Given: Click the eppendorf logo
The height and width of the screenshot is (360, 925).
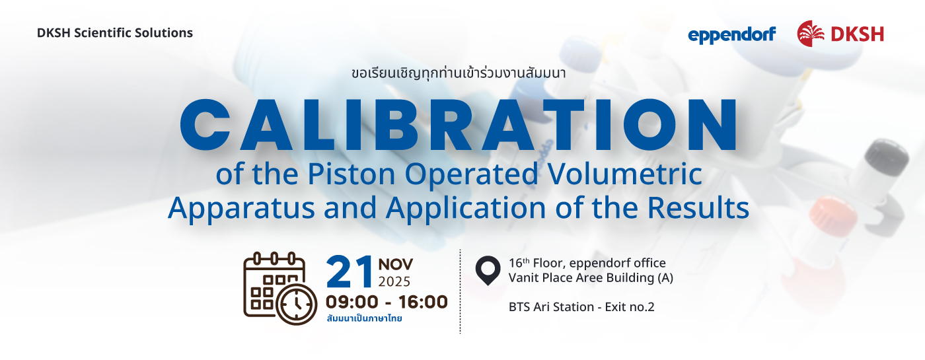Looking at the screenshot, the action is (732, 35).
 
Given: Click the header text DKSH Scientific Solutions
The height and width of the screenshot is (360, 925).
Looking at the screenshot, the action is (115, 32).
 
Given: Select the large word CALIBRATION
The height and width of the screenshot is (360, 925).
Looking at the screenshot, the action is (459, 125).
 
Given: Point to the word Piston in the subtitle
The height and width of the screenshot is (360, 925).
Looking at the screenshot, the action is (351, 174).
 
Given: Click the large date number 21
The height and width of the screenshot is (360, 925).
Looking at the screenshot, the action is (350, 271).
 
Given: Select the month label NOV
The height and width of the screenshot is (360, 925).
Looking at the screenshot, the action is (396, 264).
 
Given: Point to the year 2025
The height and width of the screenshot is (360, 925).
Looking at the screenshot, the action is (394, 281).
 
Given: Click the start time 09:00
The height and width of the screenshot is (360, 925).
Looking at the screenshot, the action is (351, 302).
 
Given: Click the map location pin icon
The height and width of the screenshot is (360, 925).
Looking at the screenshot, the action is (488, 270).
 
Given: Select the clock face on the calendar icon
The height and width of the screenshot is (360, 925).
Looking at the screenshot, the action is (297, 305).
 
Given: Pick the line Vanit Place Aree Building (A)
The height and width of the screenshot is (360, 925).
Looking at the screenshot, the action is (591, 277).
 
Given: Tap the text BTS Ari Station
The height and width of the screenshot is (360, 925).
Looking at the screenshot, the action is (551, 306).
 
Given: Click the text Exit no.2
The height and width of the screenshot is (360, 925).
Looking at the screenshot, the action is (630, 306).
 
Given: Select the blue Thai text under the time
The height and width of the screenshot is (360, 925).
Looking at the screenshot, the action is (364, 318).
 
